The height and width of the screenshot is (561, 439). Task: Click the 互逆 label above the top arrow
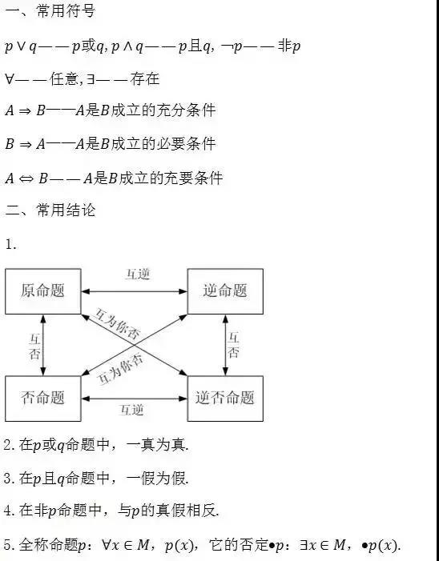pyautogui.click(x=138, y=274)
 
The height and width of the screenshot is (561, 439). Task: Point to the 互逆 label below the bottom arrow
pyautogui.click(x=131, y=410)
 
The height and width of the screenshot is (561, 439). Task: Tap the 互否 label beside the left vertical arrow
pyautogui.click(x=34, y=347)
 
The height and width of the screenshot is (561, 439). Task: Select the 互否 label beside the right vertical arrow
pyautogui.click(x=233, y=345)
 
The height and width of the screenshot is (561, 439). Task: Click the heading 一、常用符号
pyautogui.click(x=50, y=10)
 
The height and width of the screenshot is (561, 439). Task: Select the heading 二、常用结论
pyautogui.click(x=50, y=210)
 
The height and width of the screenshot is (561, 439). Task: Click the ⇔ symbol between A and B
pyautogui.click(x=26, y=178)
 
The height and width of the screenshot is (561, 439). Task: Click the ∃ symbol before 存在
pyautogui.click(x=91, y=79)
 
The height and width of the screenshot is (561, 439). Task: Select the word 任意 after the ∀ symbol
pyautogui.click(x=64, y=78)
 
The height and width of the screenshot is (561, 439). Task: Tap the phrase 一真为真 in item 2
pyautogui.click(x=157, y=445)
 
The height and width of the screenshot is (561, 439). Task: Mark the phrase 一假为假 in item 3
pyautogui.click(x=157, y=478)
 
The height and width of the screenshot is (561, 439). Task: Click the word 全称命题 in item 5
pyautogui.click(x=48, y=544)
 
